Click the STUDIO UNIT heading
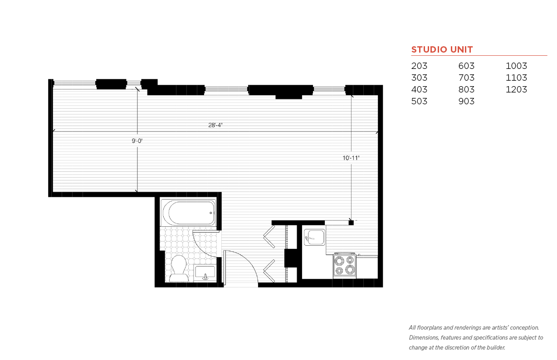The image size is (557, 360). [x=442, y=50]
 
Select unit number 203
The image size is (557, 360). [x=419, y=66]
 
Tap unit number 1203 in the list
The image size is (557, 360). [x=516, y=89]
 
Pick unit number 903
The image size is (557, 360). [x=466, y=101]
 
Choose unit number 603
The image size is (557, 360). [x=466, y=66]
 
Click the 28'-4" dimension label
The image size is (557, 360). [x=215, y=125]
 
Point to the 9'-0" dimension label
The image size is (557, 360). [x=137, y=141]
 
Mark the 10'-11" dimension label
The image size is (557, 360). [x=351, y=158]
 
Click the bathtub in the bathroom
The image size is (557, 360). [x=188, y=213]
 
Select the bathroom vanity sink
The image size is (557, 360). [x=205, y=273]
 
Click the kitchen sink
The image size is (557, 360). [x=314, y=238]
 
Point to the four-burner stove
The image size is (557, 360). [x=344, y=265]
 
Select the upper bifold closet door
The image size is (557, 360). [x=269, y=237]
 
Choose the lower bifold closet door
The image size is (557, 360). [x=269, y=271]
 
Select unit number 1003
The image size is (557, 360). [x=516, y=66]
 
